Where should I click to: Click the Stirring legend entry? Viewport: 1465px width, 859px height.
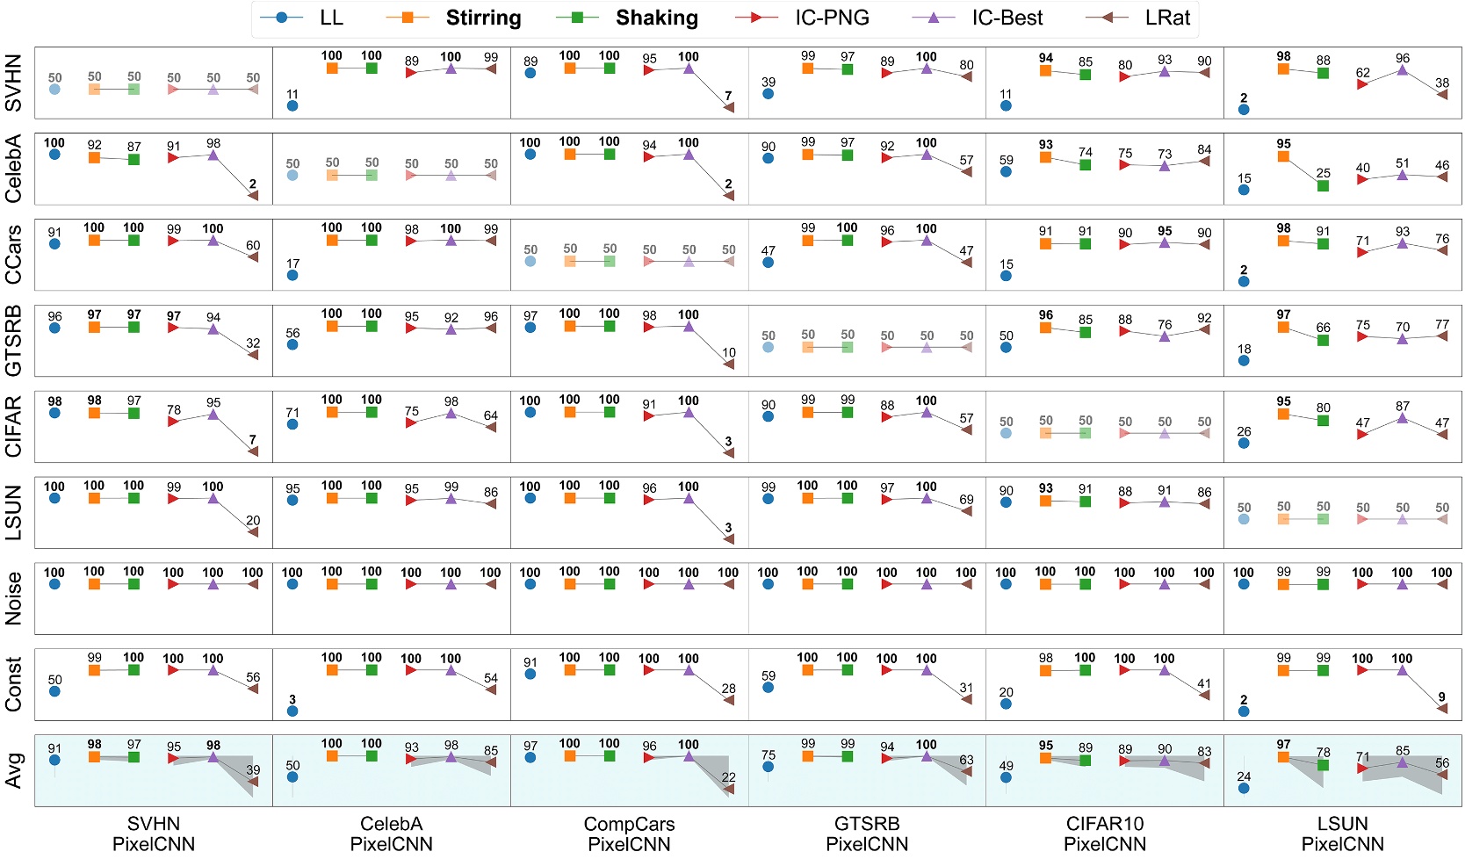[x=482, y=18]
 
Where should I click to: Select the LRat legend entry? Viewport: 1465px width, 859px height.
[x=1167, y=18]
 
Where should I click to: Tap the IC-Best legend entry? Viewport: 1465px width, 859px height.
[x=1007, y=18]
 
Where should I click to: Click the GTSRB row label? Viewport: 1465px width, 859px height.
[x=13, y=341]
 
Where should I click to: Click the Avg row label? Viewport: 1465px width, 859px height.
[x=13, y=770]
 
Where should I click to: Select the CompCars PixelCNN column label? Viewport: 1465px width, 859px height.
[x=629, y=834]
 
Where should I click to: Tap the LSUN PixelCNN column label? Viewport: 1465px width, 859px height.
[x=1342, y=834]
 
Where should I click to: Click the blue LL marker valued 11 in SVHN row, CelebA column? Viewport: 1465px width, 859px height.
[x=292, y=106]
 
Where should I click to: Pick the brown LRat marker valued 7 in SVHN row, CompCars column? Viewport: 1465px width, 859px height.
[x=728, y=107]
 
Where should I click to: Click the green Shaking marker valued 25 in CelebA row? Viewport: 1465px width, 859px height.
[x=1324, y=185]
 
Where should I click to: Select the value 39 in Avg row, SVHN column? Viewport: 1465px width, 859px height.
[x=253, y=769]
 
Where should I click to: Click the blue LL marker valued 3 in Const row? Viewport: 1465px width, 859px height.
[x=292, y=711]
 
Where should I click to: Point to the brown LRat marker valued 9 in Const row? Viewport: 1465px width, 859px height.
[x=1442, y=709]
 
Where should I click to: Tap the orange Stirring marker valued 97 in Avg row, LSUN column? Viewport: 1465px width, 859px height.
[x=1284, y=756]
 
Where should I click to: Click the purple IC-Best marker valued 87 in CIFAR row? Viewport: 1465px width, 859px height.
[x=1403, y=418]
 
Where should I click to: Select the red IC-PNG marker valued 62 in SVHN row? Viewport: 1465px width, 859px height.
[x=1362, y=84]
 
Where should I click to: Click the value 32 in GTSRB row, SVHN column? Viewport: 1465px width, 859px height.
[x=253, y=343]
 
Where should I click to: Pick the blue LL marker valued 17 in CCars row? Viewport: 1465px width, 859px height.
[x=292, y=275]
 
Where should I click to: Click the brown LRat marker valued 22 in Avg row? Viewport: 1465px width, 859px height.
[x=728, y=789]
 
